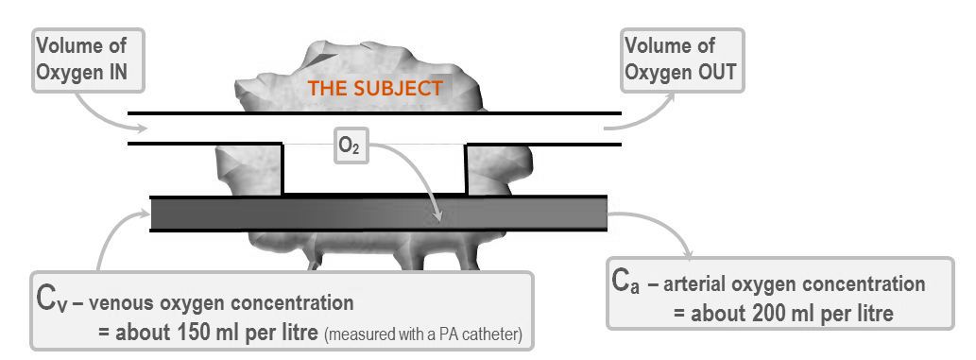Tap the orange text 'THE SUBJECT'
(x=377, y=90)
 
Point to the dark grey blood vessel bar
(x=378, y=214)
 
